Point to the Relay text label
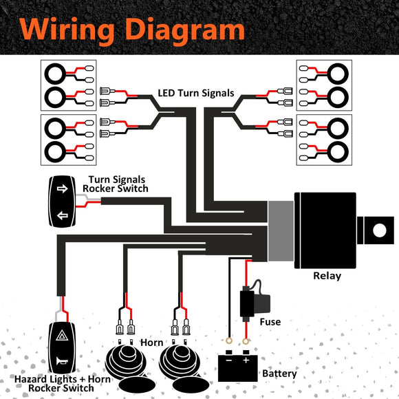click(327, 276)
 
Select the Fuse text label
click(270, 321)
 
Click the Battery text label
click(279, 374)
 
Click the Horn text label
click(151, 342)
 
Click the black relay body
click(326, 230)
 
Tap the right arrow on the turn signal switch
click(62, 188)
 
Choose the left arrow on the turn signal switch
click(62, 215)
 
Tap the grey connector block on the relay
click(280, 230)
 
